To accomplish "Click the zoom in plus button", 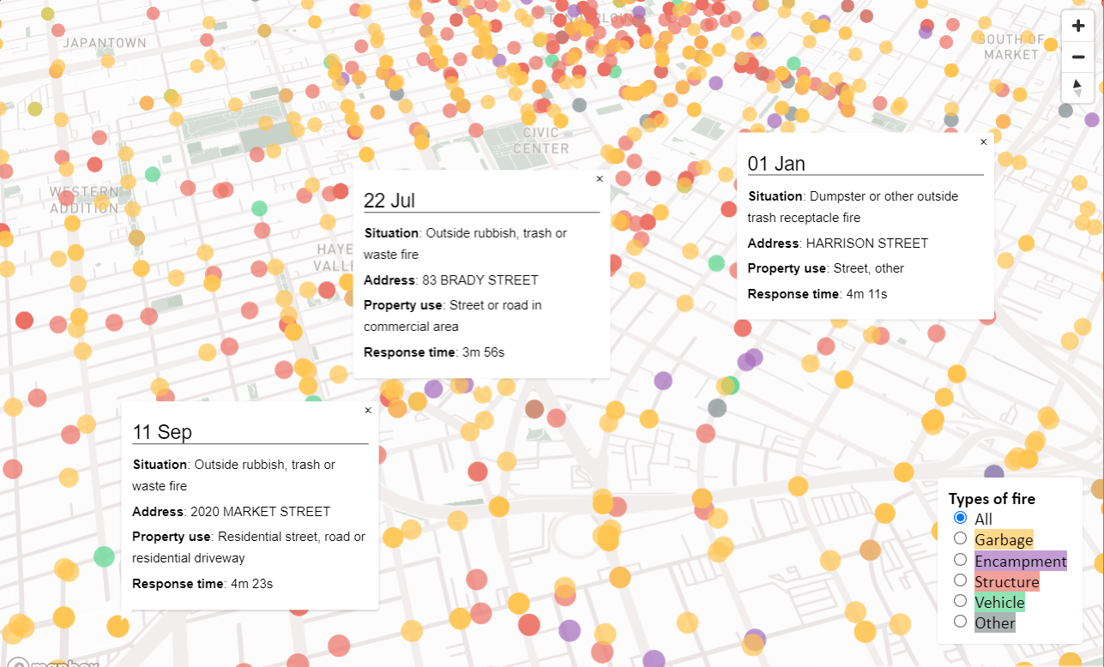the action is click(x=1078, y=26).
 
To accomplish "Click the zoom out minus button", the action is click(x=1078, y=57).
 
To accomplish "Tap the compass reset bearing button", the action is click(x=1078, y=88).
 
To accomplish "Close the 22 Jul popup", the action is click(x=600, y=179).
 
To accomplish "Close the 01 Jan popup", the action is click(x=983, y=141).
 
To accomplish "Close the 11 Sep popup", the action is click(x=368, y=411).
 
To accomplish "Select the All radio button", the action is click(x=960, y=518).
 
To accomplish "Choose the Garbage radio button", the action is click(x=960, y=538).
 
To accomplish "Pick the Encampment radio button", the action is click(x=960, y=560).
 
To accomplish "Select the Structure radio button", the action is click(x=960, y=580).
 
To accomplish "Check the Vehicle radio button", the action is click(x=960, y=601).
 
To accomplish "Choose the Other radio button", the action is click(x=960, y=622).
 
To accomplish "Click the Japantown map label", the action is click(x=105, y=43).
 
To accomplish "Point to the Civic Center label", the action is click(x=541, y=141).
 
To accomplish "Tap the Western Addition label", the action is click(x=84, y=200).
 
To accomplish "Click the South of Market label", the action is click(x=1011, y=47).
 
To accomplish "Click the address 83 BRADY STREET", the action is click(x=480, y=280).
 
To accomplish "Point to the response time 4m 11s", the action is click(x=866, y=294).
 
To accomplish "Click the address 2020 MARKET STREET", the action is click(x=260, y=512).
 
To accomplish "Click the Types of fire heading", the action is click(x=992, y=499).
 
